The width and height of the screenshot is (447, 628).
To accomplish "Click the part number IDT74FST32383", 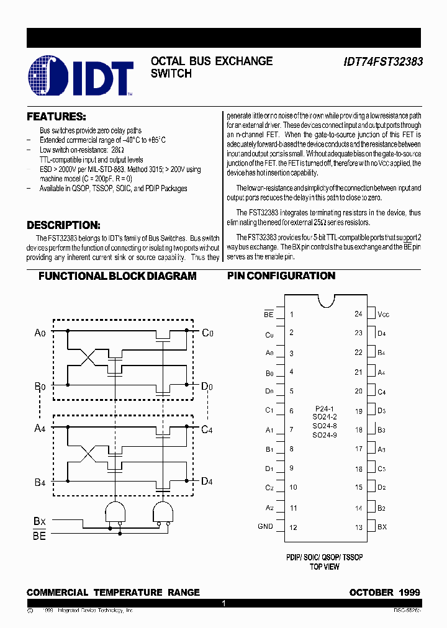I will [382, 62].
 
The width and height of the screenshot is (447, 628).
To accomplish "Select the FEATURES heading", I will [56, 117].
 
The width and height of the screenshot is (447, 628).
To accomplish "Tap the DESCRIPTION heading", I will [63, 225].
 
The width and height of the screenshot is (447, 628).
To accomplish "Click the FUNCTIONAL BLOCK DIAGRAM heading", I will [117, 276].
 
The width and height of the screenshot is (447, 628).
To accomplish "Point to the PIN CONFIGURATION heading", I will [281, 276].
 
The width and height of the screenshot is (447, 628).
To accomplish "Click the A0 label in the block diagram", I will [40, 333].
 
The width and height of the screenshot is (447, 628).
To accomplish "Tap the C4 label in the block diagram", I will [208, 429].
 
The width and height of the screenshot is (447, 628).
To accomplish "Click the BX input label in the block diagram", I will [40, 522].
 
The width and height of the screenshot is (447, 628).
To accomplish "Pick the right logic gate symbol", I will [163, 512].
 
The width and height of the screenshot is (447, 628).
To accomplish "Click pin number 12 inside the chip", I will [293, 527].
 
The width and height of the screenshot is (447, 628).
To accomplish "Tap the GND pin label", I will [265, 527].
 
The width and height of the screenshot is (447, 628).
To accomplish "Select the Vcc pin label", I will [384, 315].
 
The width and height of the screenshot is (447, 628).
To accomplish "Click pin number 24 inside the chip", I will [358, 314].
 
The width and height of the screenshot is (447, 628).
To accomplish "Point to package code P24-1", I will [325, 409].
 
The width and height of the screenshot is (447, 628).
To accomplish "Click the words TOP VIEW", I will [325, 567].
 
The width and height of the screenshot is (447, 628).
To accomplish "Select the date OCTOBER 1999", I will [385, 593].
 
